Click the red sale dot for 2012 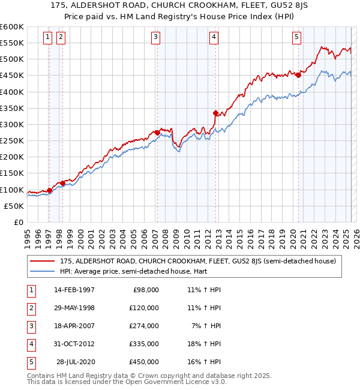[215, 113]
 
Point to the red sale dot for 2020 [298, 75]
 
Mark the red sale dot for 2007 [157, 133]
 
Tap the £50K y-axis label [14, 206]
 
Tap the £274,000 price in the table [145, 326]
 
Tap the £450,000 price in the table [145, 362]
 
